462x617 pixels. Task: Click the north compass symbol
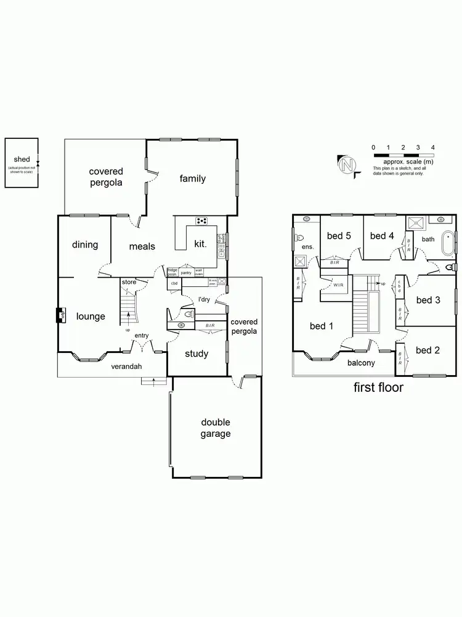(x=346, y=165)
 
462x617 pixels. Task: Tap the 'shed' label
(x=22, y=159)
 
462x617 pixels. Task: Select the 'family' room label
(x=192, y=179)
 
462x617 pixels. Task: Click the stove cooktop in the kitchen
(x=201, y=221)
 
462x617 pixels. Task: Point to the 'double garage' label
(x=216, y=428)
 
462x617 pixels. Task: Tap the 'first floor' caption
(x=378, y=387)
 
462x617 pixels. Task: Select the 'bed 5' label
(x=339, y=236)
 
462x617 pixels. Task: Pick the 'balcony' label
(x=361, y=363)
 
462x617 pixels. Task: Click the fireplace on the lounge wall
(x=61, y=315)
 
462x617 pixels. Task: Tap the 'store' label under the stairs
(x=129, y=282)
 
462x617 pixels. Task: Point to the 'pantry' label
(x=185, y=272)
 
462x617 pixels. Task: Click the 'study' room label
(x=197, y=354)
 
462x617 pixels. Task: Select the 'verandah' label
(x=126, y=366)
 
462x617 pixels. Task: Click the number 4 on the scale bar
(x=433, y=147)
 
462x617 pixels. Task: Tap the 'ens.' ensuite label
(x=307, y=247)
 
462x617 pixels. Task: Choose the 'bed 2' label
(x=428, y=350)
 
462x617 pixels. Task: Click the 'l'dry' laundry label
(x=204, y=300)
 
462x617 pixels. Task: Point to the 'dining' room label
(x=85, y=245)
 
